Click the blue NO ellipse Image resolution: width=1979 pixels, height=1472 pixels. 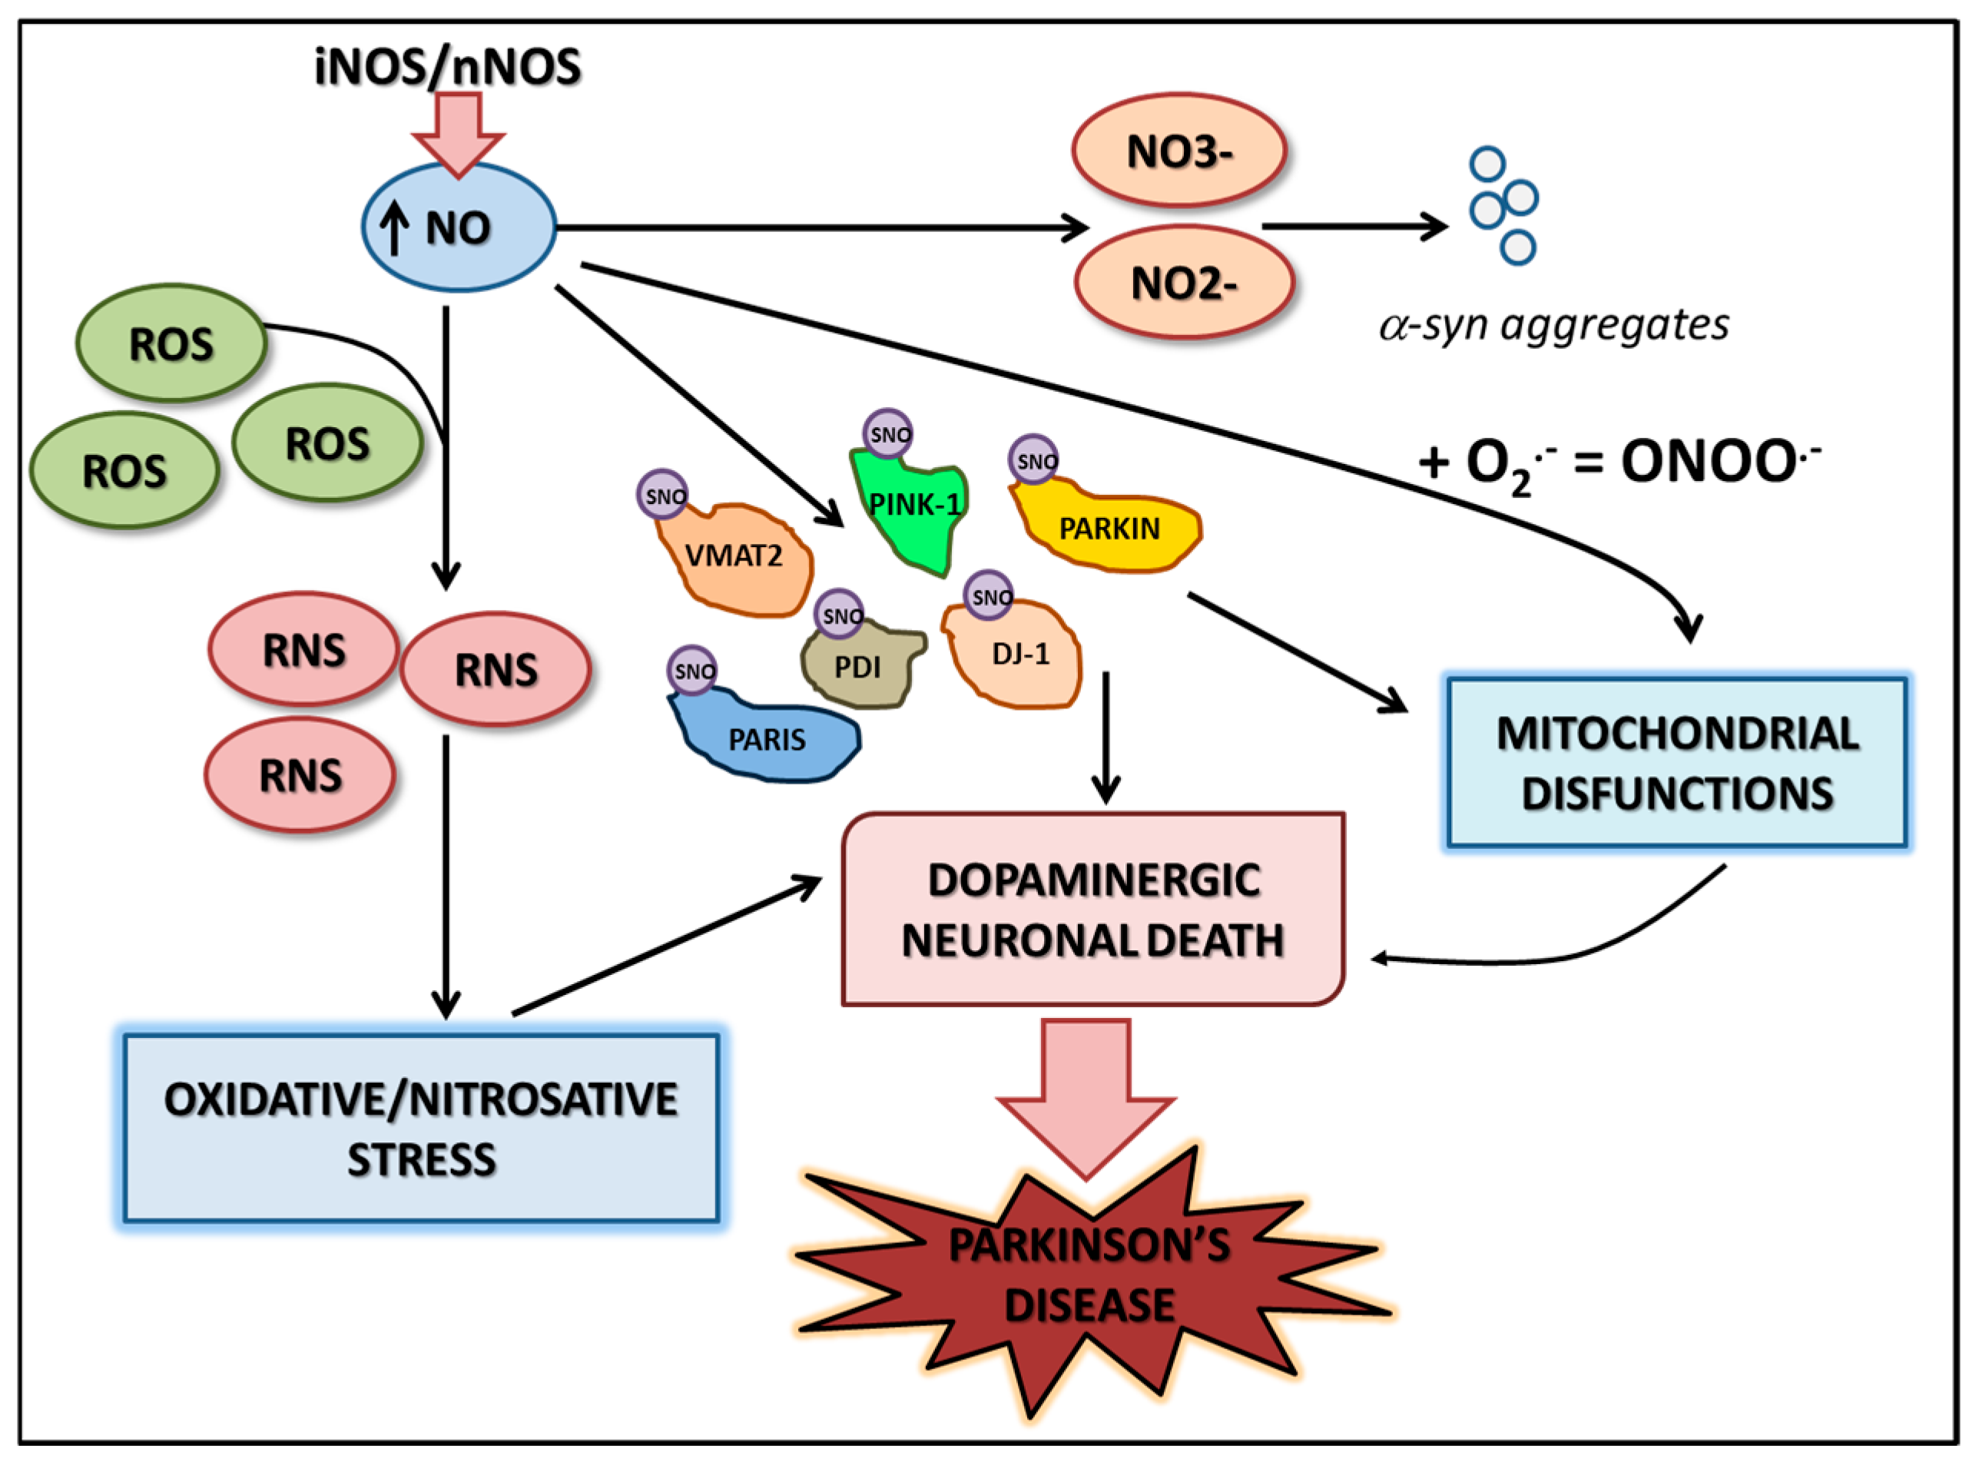tap(459, 227)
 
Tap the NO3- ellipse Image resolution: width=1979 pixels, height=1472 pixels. tap(1178, 151)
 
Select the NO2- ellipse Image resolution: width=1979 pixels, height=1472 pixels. tap(1183, 283)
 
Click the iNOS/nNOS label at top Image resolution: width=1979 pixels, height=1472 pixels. tap(448, 68)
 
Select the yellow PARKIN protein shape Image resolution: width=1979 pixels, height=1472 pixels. tap(1109, 529)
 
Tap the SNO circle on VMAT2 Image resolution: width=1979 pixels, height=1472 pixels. tap(663, 495)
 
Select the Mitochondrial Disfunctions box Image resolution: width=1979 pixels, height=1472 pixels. tap(1677, 763)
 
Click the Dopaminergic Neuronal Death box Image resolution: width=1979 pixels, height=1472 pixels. tap(1093, 910)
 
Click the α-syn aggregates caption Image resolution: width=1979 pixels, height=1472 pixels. tap(1554, 325)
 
